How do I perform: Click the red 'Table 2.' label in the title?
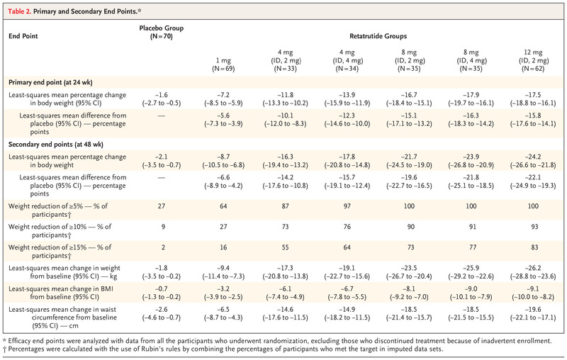click(20, 11)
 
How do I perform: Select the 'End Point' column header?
click(23, 36)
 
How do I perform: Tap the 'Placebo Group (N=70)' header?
click(162, 32)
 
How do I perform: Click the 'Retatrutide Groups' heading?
click(378, 36)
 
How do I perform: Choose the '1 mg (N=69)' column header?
click(223, 64)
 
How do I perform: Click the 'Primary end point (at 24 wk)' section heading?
click(50, 82)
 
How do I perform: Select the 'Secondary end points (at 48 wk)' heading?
click(56, 145)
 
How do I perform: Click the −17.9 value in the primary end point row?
click(471, 95)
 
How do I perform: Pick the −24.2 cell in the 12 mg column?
click(533, 157)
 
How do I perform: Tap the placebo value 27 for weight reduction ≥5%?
click(162, 206)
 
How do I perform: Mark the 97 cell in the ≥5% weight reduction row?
click(347, 206)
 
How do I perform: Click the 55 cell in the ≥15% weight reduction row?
click(286, 247)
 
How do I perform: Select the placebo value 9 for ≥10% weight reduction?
click(163, 227)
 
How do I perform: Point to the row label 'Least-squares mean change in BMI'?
click(61, 289)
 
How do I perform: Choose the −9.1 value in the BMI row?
click(533, 289)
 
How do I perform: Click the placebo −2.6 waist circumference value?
click(162, 310)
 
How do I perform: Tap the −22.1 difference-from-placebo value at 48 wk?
click(533, 177)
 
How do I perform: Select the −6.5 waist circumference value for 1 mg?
click(223, 310)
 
